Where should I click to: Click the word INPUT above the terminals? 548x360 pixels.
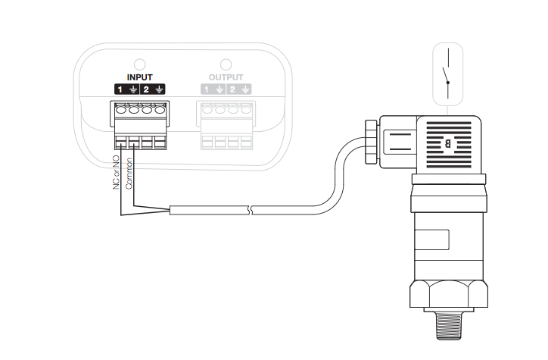[139, 77]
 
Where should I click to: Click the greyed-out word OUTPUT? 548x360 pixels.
[226, 77]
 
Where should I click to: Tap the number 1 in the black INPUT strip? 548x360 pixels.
[120, 89]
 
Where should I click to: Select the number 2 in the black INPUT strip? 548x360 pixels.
[146, 89]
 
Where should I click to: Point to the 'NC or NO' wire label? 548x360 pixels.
[117, 173]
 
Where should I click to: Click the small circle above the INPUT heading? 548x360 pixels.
[139, 64]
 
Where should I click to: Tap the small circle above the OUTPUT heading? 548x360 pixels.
[226, 64]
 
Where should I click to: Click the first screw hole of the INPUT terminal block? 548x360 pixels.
[121, 109]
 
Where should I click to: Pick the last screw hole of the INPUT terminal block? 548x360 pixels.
[159, 109]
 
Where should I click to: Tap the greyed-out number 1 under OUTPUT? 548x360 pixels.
[205, 89]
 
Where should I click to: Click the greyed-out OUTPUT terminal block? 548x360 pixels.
[225, 124]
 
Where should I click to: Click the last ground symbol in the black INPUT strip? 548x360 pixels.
[160, 89]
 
